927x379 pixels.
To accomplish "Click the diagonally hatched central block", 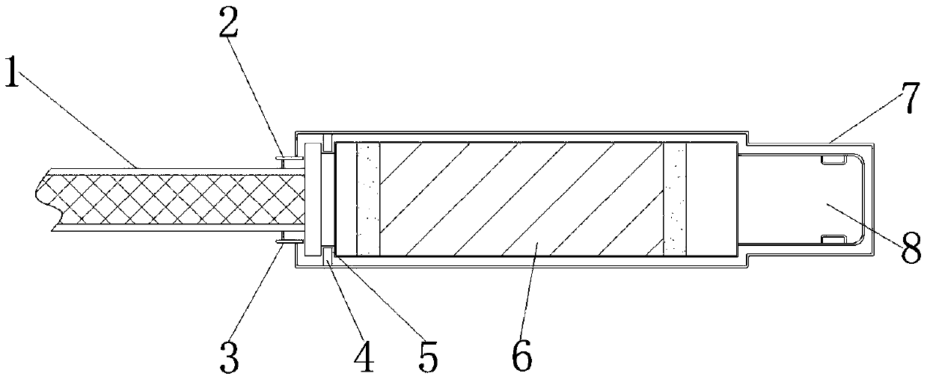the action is [x=521, y=199].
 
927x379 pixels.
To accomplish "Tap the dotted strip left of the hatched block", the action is [x=368, y=199].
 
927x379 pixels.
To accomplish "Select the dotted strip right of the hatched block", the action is [x=674, y=199].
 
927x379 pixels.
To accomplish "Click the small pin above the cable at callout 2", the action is [x=285, y=158].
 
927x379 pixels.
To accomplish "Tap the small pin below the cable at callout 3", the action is [x=285, y=239].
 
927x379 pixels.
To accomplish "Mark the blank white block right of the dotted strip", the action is [x=711, y=199].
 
